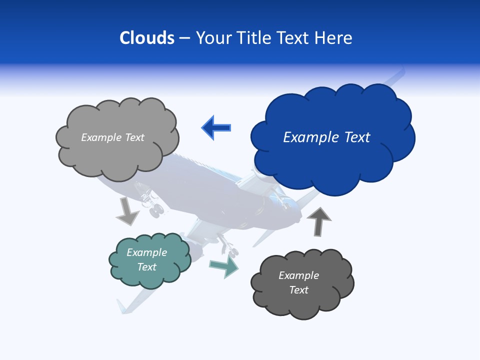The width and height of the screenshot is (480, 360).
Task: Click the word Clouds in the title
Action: (147, 38)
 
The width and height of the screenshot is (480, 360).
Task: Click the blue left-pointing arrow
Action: (216, 127)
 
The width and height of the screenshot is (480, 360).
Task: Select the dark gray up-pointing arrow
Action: (319, 222)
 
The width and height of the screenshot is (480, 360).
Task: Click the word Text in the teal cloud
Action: (147, 267)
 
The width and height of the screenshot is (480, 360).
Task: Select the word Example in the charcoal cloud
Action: (298, 275)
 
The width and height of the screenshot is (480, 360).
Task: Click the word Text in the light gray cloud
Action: (134, 137)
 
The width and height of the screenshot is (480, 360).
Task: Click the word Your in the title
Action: (214, 38)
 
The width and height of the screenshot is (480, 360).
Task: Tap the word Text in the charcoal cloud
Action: (298, 290)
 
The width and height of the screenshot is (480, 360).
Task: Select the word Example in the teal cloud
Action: (147, 252)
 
